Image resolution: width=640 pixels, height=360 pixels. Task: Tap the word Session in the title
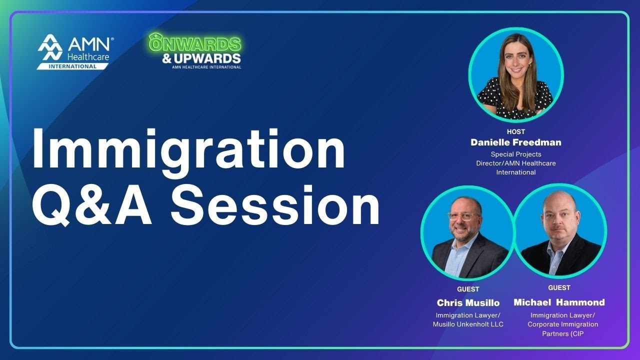click(275, 206)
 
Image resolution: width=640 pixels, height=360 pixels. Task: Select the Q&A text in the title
click(92, 206)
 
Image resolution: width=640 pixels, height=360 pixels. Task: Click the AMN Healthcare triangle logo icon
click(50, 47)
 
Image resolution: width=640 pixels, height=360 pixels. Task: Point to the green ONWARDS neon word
click(195, 44)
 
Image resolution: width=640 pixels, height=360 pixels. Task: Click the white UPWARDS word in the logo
click(207, 58)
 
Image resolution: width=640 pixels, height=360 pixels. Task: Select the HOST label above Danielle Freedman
click(516, 132)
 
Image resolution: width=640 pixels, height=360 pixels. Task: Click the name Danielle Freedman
click(516, 142)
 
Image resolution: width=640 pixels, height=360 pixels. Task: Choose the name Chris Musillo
click(468, 302)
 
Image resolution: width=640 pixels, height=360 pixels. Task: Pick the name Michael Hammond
click(559, 302)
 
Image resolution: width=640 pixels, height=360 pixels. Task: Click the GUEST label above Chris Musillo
click(468, 289)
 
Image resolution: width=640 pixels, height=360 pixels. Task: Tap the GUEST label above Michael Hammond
click(559, 287)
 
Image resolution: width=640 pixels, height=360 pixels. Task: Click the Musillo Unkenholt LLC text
click(468, 324)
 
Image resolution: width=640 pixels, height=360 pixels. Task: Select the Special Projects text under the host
click(516, 154)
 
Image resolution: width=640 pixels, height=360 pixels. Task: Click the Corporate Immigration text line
click(562, 324)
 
